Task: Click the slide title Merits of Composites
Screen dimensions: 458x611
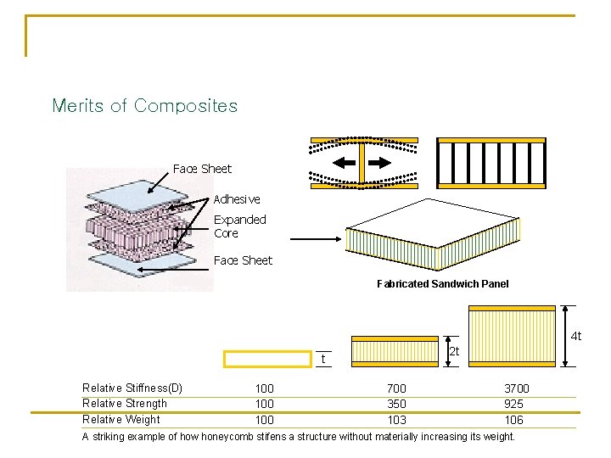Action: [x=144, y=106]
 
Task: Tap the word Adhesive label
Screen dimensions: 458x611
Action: [x=237, y=199]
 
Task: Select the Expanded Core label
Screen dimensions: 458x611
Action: [x=239, y=226]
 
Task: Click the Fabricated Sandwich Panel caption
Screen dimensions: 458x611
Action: [x=442, y=284]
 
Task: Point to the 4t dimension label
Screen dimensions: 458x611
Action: [x=575, y=337]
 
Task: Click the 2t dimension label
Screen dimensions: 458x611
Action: [x=454, y=351]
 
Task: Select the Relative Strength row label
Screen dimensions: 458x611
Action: [x=124, y=404]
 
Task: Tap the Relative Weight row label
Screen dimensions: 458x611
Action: [x=121, y=419]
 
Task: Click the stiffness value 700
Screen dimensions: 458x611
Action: [x=396, y=388]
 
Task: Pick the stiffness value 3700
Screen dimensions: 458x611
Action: [x=516, y=388]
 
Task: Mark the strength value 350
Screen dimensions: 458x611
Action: [x=396, y=404]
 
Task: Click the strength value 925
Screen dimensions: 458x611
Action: [x=513, y=404]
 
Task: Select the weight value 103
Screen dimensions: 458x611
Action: [x=396, y=420]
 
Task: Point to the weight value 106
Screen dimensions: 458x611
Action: [x=513, y=420]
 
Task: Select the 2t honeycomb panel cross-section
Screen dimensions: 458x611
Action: [x=395, y=351]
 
